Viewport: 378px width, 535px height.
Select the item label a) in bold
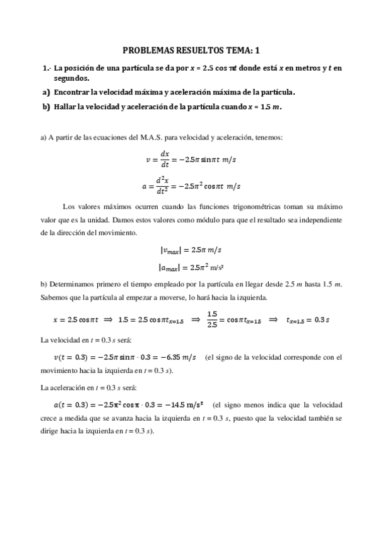coord(45,92)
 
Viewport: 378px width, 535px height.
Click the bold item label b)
coord(45,106)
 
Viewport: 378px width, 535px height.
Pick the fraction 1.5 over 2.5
coord(212,319)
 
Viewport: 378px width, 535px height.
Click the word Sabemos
coord(55,298)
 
